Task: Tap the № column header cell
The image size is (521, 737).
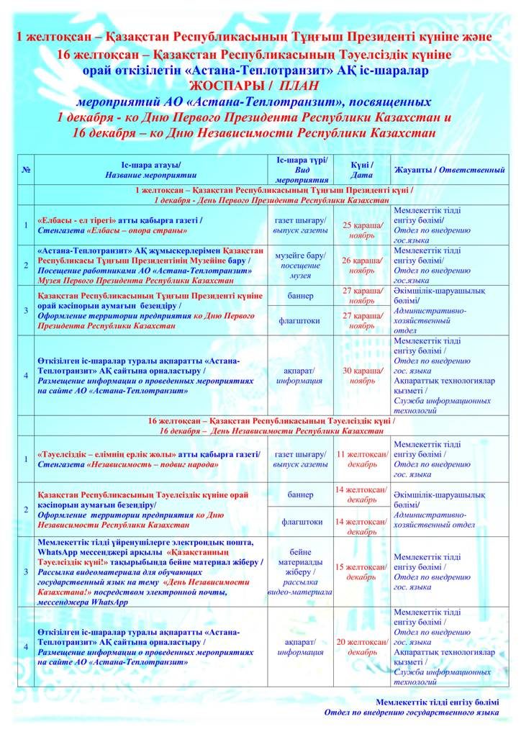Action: (x=26, y=170)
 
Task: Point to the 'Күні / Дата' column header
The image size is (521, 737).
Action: (x=361, y=170)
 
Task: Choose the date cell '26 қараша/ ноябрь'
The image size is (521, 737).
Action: (x=361, y=265)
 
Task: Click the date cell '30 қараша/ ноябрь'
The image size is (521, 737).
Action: (x=361, y=375)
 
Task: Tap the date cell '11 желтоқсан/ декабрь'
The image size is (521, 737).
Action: (x=361, y=459)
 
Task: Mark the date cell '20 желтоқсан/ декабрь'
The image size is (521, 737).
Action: (x=361, y=646)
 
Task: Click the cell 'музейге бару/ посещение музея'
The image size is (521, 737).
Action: (x=300, y=265)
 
